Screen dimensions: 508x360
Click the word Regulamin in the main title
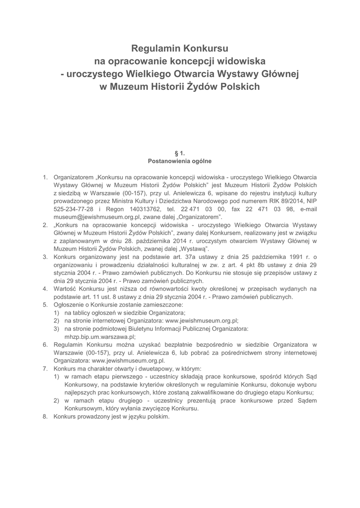(154, 49)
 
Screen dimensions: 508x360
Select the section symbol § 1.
(180, 153)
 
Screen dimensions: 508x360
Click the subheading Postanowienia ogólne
(180, 161)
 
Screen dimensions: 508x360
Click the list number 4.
(45, 288)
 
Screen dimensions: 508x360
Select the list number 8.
(45, 417)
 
